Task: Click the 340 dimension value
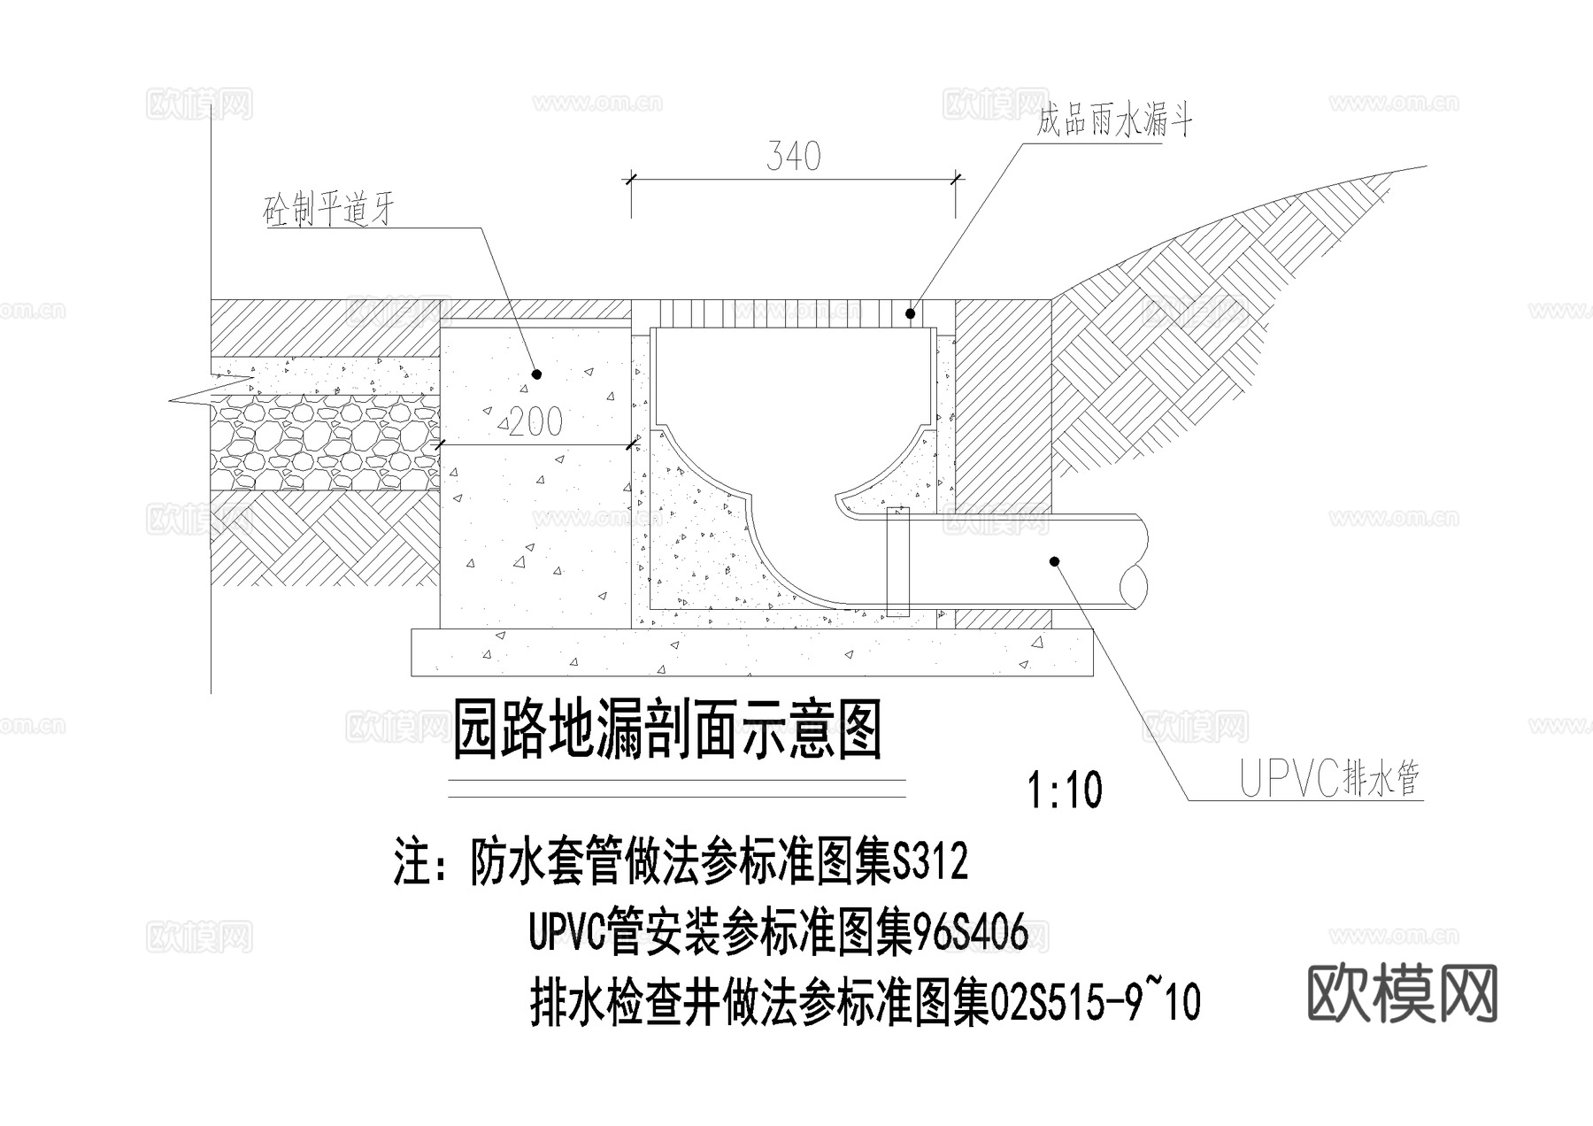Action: [x=794, y=157]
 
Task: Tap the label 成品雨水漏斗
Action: [x=1114, y=121]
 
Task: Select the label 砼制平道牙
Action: [x=328, y=211]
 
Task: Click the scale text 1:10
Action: [x=1065, y=791]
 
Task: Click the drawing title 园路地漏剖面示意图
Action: [x=667, y=730]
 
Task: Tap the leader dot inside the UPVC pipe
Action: [x=1054, y=561]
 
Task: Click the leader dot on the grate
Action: [x=910, y=313]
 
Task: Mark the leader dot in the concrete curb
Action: [x=535, y=375]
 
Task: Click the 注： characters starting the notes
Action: [x=423, y=861]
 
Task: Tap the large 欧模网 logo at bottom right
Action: [x=1402, y=994]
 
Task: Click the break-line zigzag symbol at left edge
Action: [x=204, y=393]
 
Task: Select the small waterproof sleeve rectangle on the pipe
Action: [x=897, y=561]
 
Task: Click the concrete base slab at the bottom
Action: [x=752, y=653]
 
